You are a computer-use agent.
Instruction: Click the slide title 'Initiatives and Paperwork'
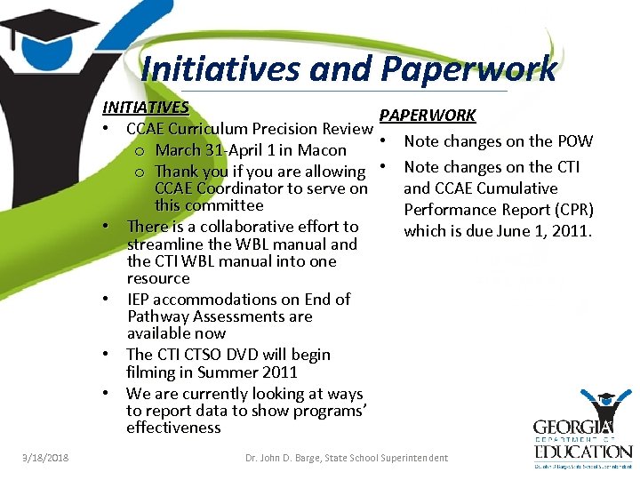pyautogui.click(x=348, y=68)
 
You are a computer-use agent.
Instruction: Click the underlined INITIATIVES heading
pyautogui.click(x=145, y=108)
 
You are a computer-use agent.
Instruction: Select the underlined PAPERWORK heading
pyautogui.click(x=428, y=116)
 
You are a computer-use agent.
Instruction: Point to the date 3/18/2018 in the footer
pyautogui.click(x=45, y=459)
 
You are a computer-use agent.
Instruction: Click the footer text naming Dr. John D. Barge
pyautogui.click(x=347, y=459)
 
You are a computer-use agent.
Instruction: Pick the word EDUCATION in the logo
pyautogui.click(x=582, y=452)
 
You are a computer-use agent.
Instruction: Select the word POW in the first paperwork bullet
pyautogui.click(x=574, y=141)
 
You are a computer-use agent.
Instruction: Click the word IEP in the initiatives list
pyautogui.click(x=140, y=300)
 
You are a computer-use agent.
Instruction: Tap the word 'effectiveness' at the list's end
pyautogui.click(x=173, y=428)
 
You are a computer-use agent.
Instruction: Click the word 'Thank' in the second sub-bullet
pyautogui.click(x=177, y=172)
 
